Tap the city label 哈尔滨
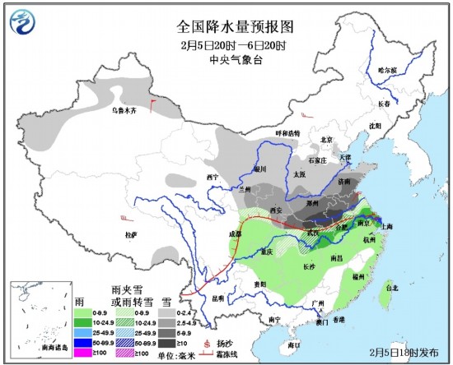click(387, 70)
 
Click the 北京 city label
click(327, 139)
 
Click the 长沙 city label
click(309, 266)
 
